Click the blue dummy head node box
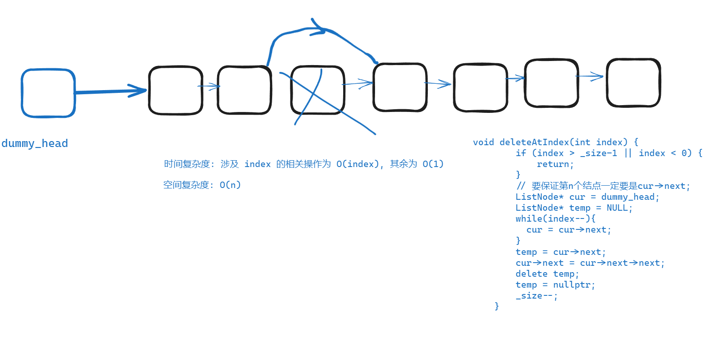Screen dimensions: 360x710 [48, 93]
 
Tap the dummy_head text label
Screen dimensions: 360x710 [35, 143]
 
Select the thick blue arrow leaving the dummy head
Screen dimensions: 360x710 [109, 91]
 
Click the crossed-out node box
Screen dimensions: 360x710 [318, 90]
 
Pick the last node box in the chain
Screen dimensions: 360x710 [633, 83]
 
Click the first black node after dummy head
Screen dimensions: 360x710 [176, 90]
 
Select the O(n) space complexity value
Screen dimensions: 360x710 [230, 185]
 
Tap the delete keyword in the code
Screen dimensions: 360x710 [531, 274]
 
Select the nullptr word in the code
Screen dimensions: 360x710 [572, 284]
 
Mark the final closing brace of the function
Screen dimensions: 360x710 [497, 306]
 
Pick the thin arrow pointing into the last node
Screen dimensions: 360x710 [591, 76]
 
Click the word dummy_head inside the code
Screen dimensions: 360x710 [628, 197]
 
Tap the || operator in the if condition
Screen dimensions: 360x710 [628, 153]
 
